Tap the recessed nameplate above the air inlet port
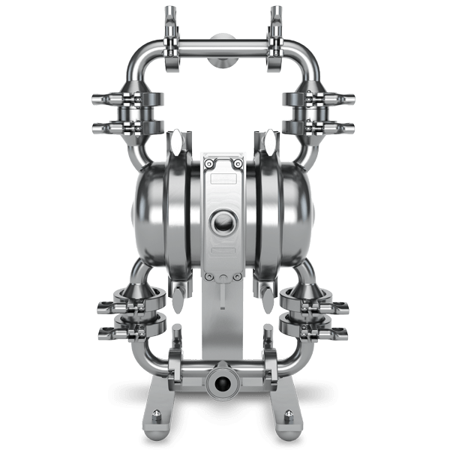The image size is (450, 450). click(x=223, y=180)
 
